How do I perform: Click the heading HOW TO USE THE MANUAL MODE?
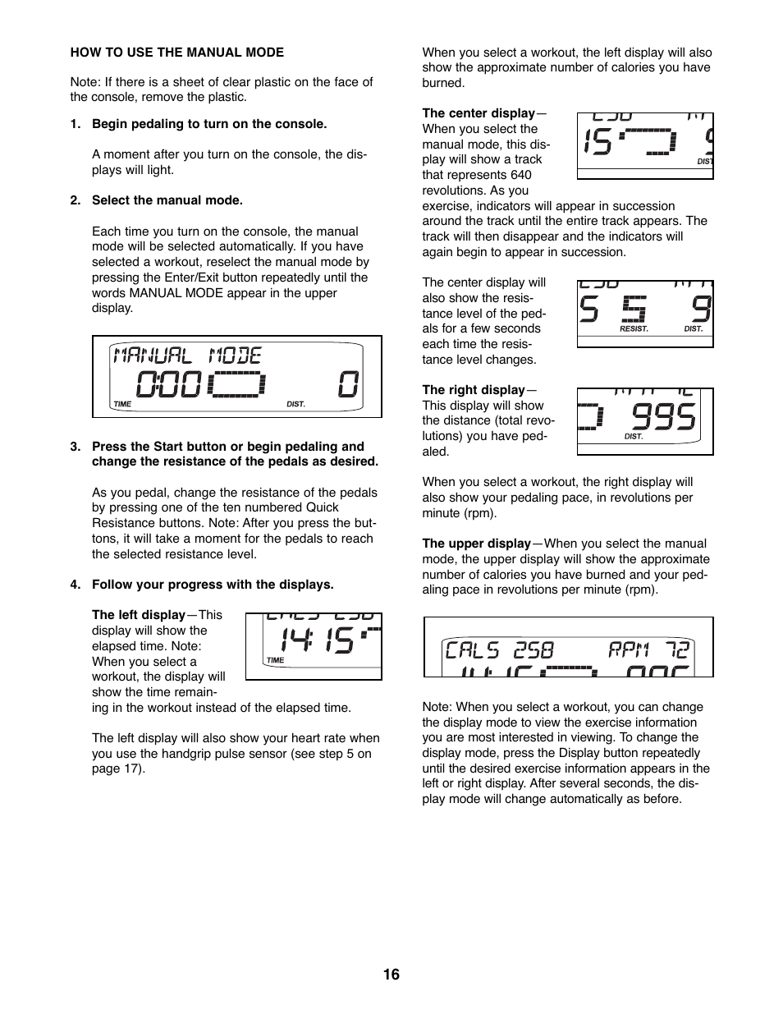click(x=176, y=53)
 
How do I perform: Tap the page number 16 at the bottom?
click(x=391, y=975)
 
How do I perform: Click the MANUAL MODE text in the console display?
click(x=187, y=356)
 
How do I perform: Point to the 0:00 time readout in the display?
click(x=169, y=384)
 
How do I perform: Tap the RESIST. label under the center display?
click(x=634, y=329)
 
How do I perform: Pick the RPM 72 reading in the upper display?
click(x=648, y=651)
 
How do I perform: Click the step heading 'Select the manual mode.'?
click(x=167, y=200)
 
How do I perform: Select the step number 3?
click(x=75, y=447)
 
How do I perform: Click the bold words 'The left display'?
click(x=138, y=615)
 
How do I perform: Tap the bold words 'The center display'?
click(x=478, y=113)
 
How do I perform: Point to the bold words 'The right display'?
click(x=473, y=390)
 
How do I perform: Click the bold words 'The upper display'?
click(x=476, y=544)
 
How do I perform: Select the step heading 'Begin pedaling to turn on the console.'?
click(x=209, y=124)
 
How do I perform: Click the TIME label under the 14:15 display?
click(x=276, y=660)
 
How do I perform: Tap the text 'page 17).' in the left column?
click(x=118, y=769)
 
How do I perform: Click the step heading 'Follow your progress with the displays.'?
click(x=213, y=585)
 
